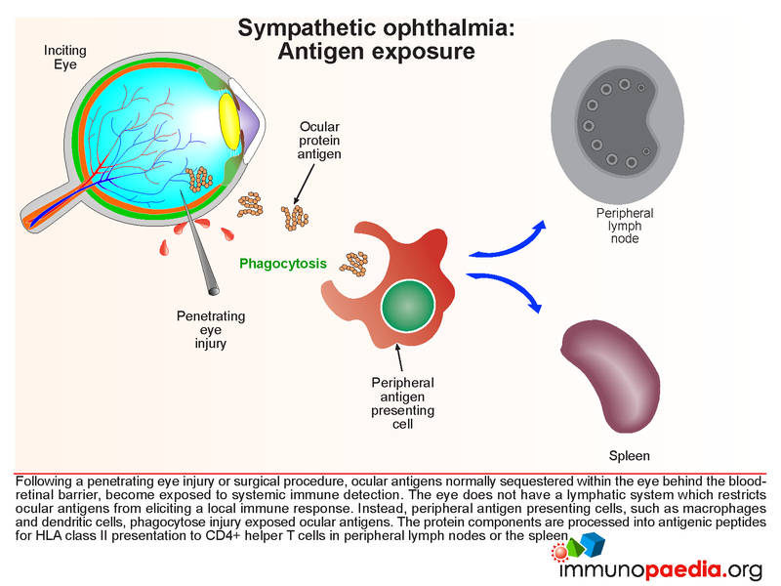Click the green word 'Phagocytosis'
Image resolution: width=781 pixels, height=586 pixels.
[283, 263]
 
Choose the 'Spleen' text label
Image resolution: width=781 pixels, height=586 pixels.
[629, 455]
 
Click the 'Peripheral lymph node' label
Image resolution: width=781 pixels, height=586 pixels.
[625, 226]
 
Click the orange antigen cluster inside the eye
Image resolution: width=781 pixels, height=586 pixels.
[200, 178]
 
